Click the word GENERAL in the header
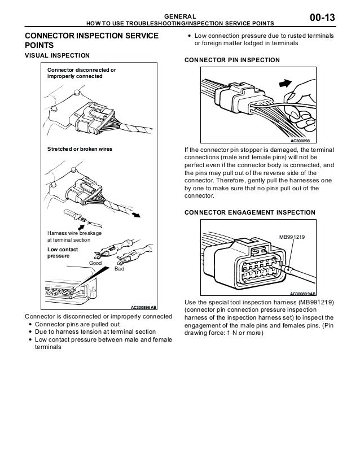pos(179,16)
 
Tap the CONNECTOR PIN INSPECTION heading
pos(232,60)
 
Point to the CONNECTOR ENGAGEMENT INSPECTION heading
pos(250,212)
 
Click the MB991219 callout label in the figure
pos(292,238)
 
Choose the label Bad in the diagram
pos(118,270)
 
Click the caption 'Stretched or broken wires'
pos(80,149)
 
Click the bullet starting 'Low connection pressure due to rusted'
pos(264,39)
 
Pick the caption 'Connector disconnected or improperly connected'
pos(81,73)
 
